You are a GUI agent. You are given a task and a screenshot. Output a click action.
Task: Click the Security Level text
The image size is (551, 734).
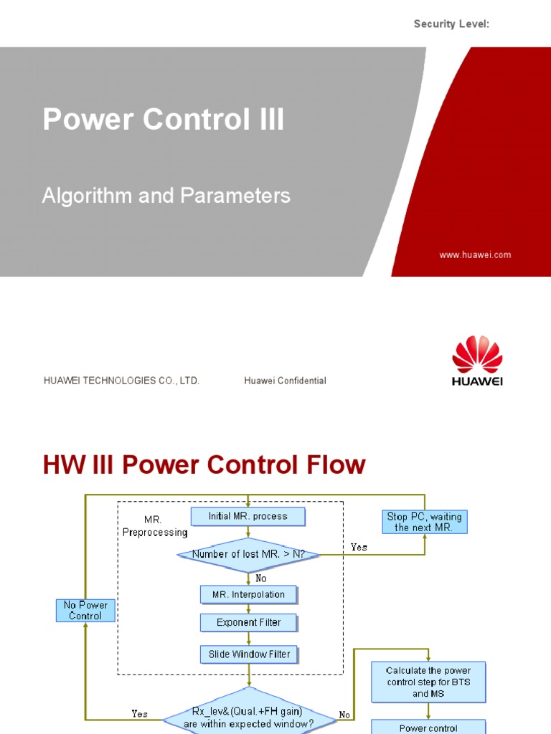click(451, 24)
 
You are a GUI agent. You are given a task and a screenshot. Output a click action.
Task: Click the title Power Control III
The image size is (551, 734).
click(164, 119)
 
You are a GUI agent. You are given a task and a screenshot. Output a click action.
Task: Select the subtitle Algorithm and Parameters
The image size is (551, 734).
click(166, 196)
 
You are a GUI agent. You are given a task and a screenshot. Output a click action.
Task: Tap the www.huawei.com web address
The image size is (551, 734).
click(475, 254)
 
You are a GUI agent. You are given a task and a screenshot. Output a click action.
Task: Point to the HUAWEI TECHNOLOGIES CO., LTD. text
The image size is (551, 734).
click(121, 381)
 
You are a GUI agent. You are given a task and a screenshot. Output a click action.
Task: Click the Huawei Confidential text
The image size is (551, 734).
click(285, 381)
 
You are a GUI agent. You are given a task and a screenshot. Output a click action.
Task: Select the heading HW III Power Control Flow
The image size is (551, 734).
click(204, 465)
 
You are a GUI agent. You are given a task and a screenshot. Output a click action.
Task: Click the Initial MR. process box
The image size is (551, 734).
click(248, 516)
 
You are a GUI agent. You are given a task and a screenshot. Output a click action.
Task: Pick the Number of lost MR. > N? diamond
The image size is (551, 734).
click(248, 554)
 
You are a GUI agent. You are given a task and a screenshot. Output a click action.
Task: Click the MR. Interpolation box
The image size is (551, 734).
click(248, 594)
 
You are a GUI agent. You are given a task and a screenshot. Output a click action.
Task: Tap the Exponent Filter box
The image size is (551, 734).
click(248, 623)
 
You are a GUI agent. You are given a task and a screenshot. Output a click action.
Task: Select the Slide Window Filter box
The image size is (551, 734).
click(248, 654)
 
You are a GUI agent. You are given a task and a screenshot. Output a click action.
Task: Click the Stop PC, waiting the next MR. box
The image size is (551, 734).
click(425, 522)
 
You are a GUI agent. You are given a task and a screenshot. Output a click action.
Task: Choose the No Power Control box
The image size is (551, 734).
click(85, 611)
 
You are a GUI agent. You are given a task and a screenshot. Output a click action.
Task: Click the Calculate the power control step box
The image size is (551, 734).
click(428, 682)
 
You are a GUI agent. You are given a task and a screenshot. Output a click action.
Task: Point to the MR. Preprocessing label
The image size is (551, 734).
click(155, 527)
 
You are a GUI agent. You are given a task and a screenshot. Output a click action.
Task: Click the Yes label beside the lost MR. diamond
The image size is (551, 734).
click(359, 547)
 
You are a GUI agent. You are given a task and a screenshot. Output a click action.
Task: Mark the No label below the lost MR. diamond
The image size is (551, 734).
click(260, 578)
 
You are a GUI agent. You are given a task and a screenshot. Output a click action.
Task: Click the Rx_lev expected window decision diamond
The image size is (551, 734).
click(248, 717)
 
